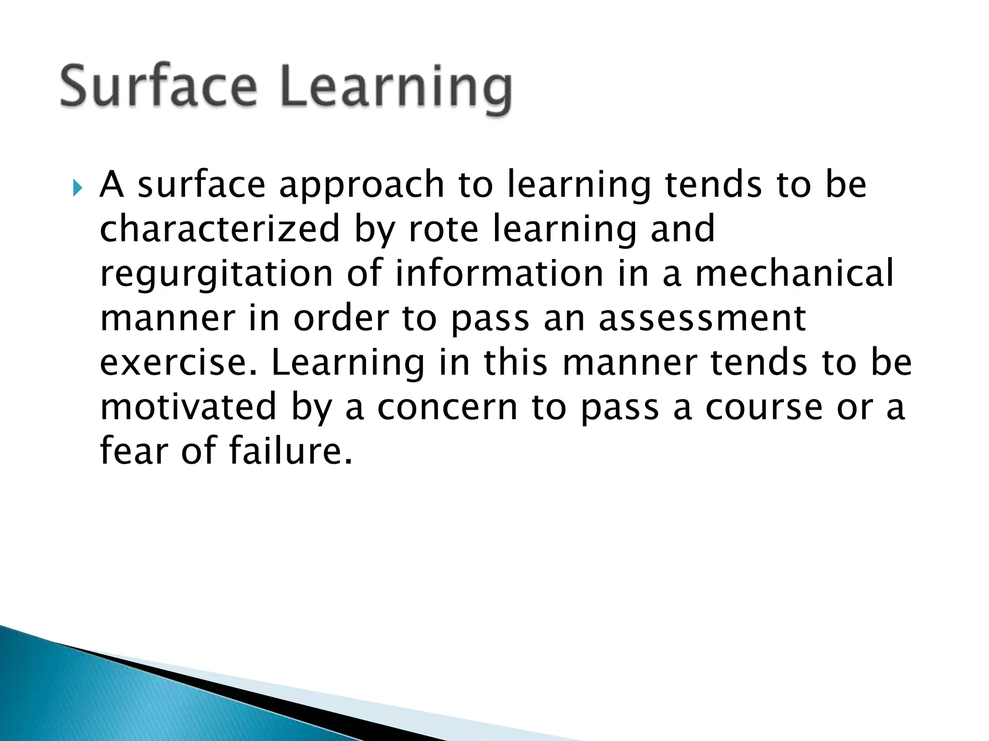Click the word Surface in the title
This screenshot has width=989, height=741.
click(158, 87)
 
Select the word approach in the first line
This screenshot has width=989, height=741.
click(361, 186)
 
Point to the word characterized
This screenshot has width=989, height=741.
click(220, 229)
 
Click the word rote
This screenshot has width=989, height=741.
click(443, 229)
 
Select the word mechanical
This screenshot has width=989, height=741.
click(794, 274)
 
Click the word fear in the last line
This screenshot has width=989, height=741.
click(134, 451)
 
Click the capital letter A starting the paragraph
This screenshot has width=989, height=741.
click(112, 185)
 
